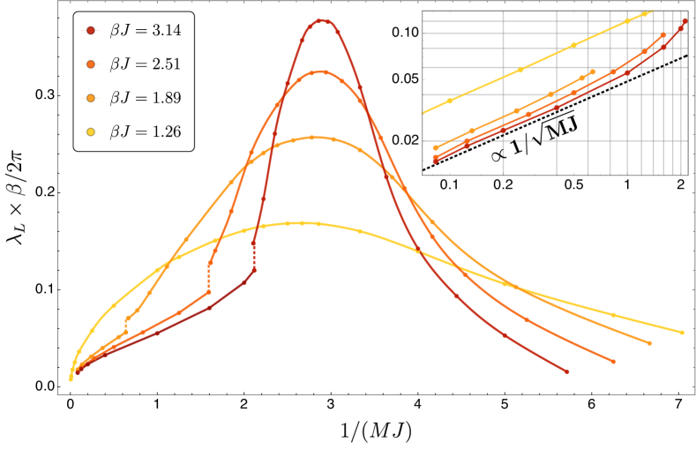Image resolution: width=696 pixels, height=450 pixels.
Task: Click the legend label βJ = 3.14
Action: pos(145,31)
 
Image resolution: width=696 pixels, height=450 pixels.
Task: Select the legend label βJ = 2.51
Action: pos(145,64)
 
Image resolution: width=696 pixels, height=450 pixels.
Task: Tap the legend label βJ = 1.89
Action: pos(145,98)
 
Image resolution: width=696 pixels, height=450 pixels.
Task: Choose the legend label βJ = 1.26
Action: pos(145,131)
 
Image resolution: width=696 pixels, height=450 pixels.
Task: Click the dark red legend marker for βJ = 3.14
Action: pos(90,31)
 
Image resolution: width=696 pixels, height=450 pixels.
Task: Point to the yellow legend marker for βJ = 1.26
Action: pos(90,131)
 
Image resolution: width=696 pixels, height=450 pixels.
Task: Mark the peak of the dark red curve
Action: pos(321,20)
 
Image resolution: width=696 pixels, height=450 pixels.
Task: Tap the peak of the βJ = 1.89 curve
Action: pos(312,137)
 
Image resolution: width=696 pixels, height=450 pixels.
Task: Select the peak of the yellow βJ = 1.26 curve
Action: pos(300,223)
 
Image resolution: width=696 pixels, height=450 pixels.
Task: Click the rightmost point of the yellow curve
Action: pos(682,333)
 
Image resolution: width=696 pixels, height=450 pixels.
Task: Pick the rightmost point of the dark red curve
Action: pos(566,371)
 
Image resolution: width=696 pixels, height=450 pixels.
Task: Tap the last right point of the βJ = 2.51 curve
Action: pos(613,361)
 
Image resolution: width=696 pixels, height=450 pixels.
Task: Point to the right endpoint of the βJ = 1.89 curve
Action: pos(650,343)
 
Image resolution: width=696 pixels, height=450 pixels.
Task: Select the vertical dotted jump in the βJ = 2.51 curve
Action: pos(209,278)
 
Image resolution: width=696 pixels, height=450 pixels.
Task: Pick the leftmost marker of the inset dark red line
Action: pos(436,161)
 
